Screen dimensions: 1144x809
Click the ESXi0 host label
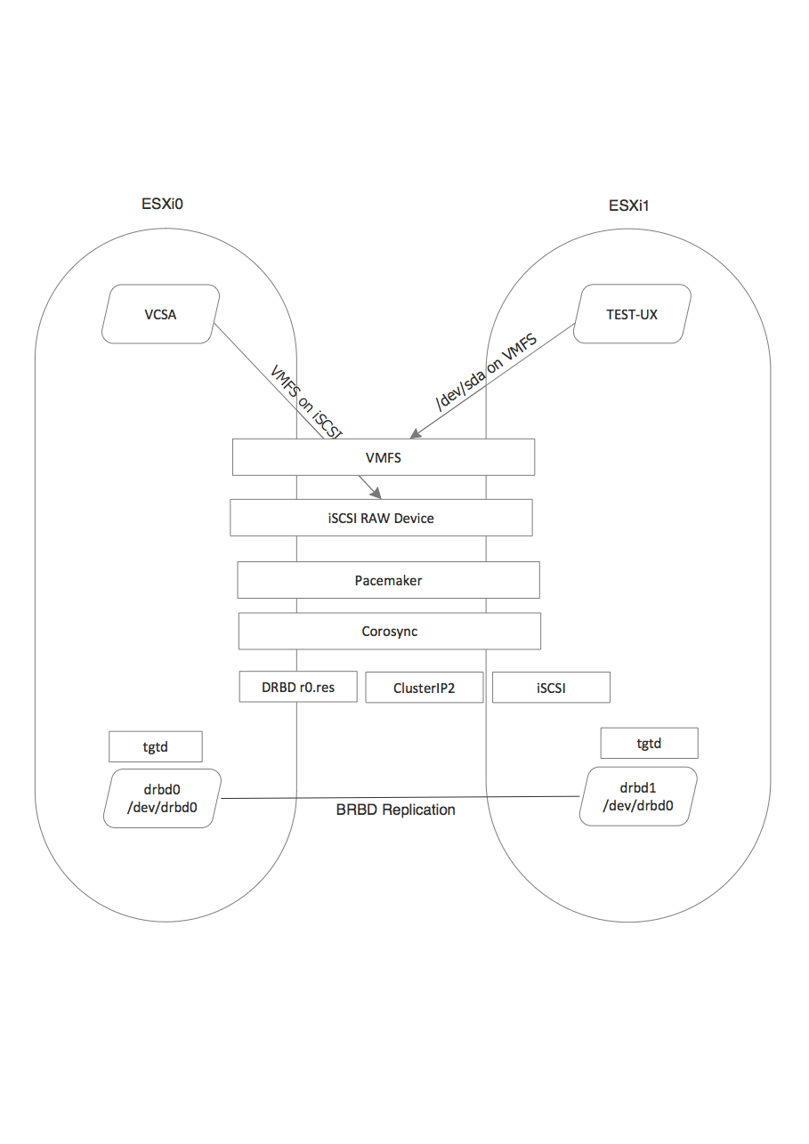(x=162, y=204)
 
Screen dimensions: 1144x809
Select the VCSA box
(x=161, y=314)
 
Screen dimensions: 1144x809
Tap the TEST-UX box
(x=632, y=314)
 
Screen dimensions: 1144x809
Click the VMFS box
(x=383, y=457)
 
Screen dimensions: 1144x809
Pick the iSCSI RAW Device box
(x=381, y=518)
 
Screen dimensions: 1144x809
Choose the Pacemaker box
(x=388, y=580)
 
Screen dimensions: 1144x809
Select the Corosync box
(x=390, y=632)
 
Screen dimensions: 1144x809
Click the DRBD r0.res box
(x=298, y=687)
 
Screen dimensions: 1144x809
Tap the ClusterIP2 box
(x=425, y=688)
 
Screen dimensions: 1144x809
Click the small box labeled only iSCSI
(x=551, y=688)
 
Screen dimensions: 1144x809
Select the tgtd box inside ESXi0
(x=156, y=746)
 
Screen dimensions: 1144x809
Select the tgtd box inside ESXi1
(x=649, y=743)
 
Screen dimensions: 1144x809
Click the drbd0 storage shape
(x=162, y=799)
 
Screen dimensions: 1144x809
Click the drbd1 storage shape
(x=637, y=796)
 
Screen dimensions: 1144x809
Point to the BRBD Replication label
(x=395, y=810)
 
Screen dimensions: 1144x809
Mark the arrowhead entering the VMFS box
(x=413, y=435)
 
